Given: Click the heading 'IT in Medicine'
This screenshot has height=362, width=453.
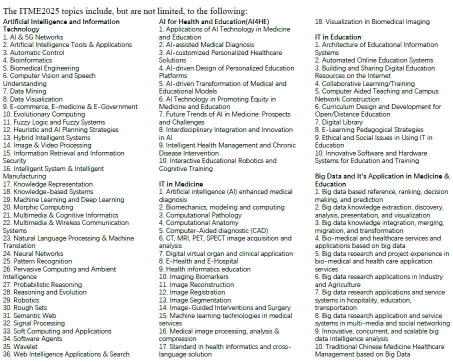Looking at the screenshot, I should [180, 184].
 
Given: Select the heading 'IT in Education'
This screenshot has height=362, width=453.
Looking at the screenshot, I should [338, 37].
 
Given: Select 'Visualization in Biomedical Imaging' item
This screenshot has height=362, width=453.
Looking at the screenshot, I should [372, 21].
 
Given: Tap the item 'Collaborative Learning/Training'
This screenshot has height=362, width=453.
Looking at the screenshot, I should [368, 83].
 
